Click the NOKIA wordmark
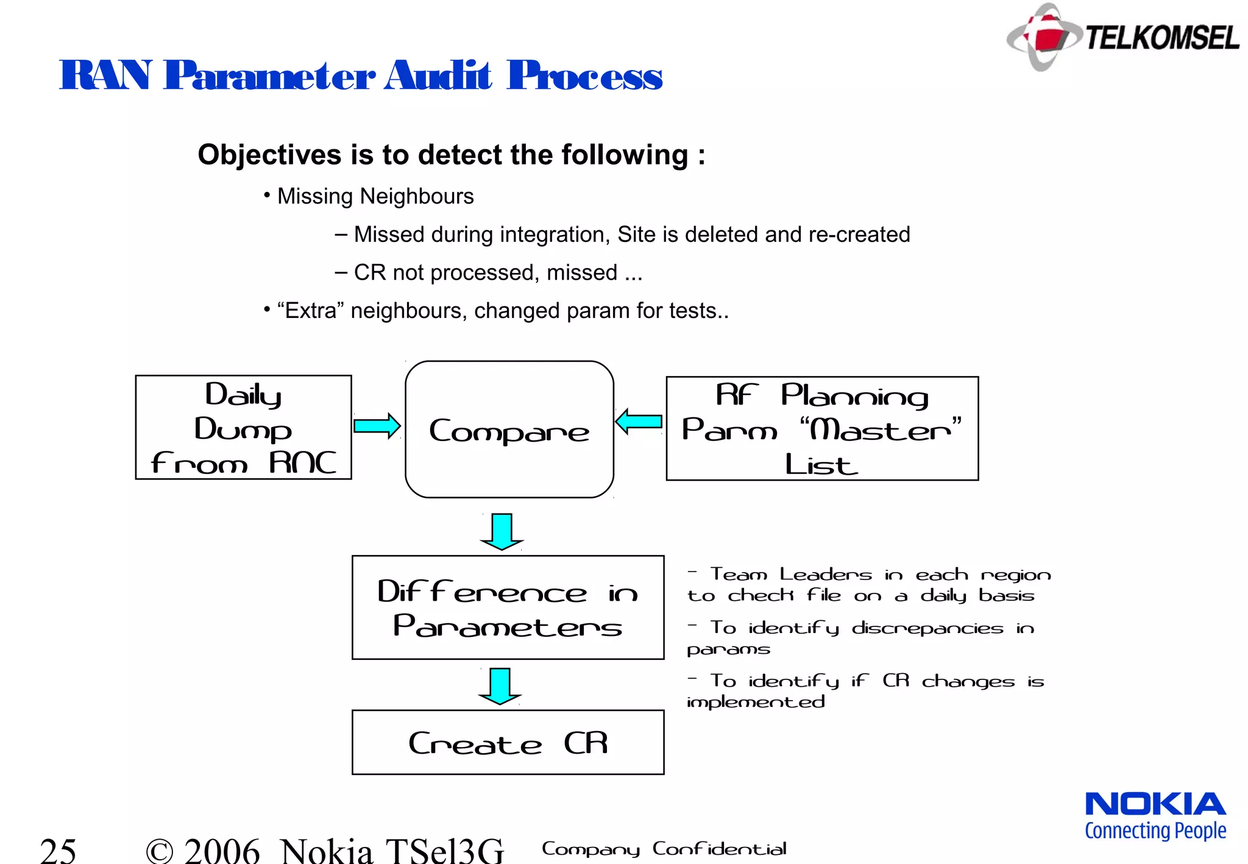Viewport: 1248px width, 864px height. (1155, 804)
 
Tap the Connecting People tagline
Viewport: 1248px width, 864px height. (1155, 830)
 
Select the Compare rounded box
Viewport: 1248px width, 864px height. (509, 430)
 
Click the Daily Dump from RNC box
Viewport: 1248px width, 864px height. (243, 428)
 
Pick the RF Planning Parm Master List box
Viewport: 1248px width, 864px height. (821, 429)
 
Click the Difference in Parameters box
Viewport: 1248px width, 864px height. (508, 607)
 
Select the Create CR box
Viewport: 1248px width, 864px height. (508, 742)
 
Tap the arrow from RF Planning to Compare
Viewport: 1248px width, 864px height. (639, 421)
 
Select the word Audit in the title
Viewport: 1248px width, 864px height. (437, 76)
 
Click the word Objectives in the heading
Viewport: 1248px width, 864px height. (269, 155)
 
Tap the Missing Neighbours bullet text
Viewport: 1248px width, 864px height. (375, 196)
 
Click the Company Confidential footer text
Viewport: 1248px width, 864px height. (664, 849)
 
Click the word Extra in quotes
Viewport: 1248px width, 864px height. (311, 311)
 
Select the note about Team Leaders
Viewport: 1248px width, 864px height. (868, 584)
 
